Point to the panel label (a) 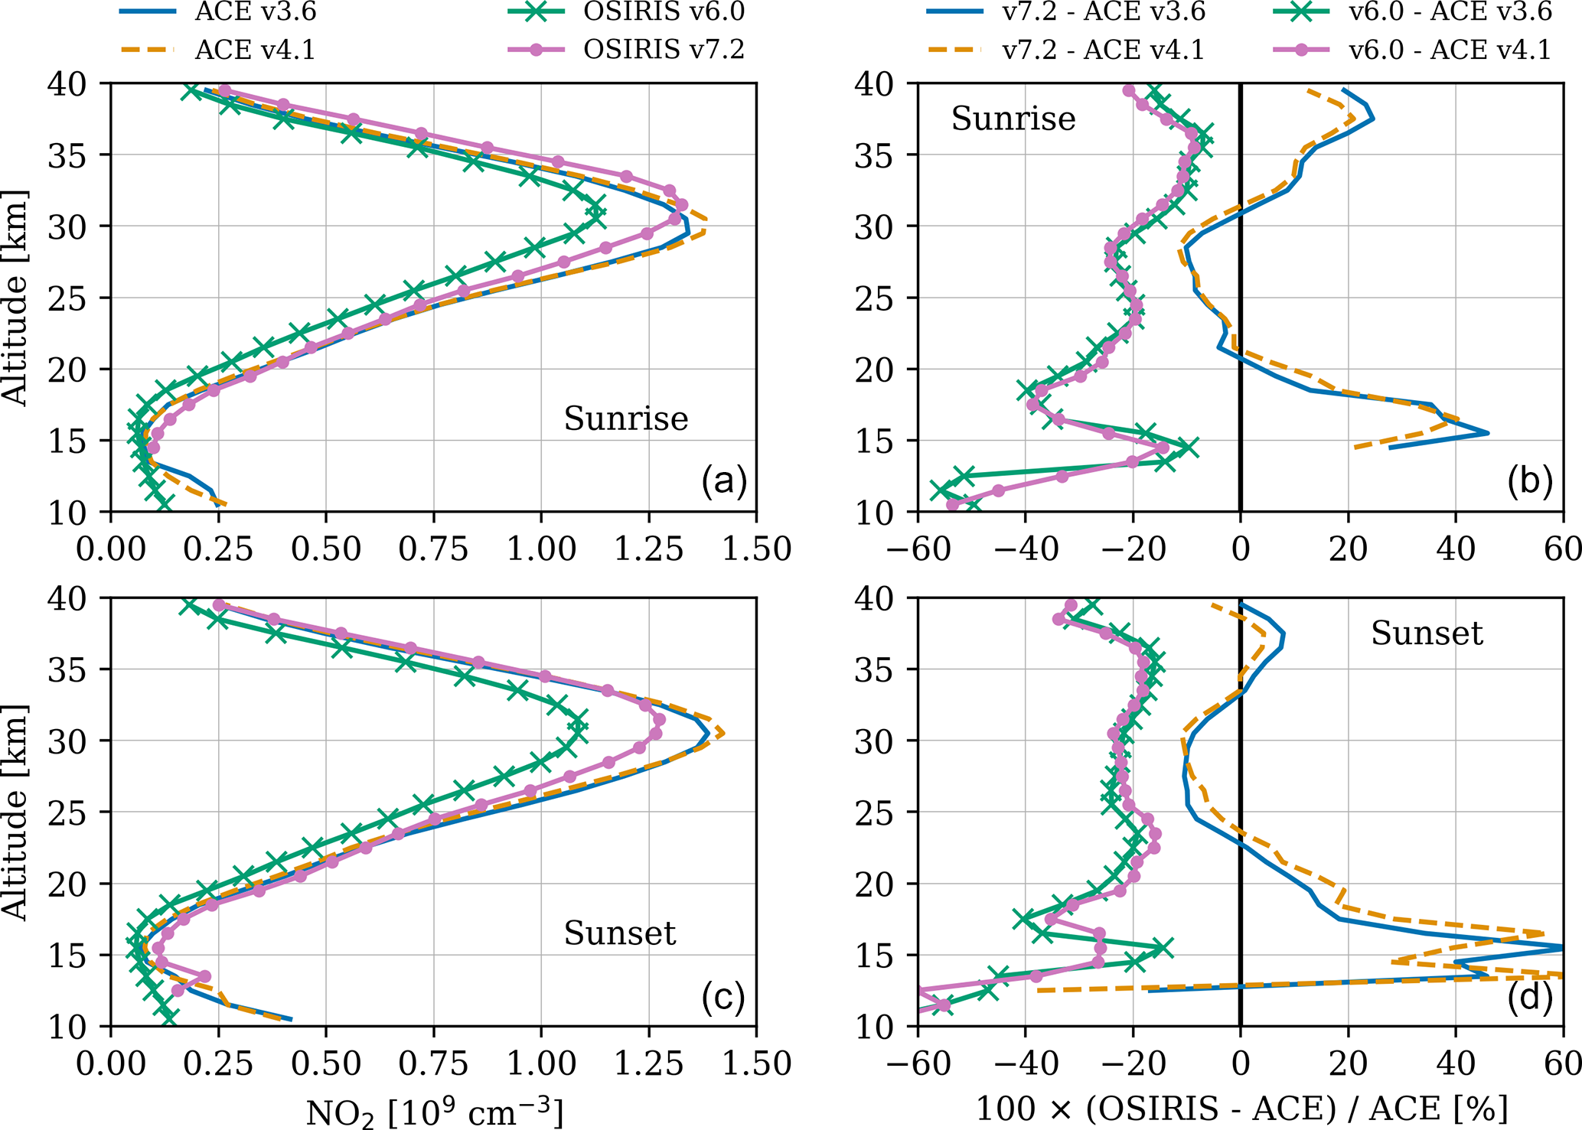click(723, 482)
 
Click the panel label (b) click(1529, 482)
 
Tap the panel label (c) click(723, 997)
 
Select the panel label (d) click(1529, 997)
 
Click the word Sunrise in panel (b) click(1013, 119)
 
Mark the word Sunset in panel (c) click(620, 933)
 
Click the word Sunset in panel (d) click(1427, 633)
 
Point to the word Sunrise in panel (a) click(626, 418)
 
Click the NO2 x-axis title click(434, 1112)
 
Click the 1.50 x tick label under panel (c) click(755, 1063)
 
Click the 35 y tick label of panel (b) click(873, 155)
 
